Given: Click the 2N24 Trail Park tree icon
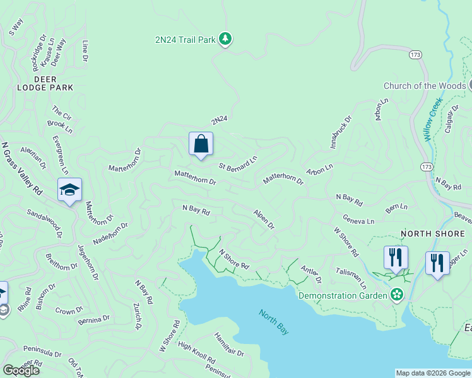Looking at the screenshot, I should tap(225, 40).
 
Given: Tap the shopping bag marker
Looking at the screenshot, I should tap(201, 144).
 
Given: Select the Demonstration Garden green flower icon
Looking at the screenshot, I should tap(396, 294).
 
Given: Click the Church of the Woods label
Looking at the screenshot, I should tap(425, 86).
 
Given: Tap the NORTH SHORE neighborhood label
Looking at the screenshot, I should tap(433, 234).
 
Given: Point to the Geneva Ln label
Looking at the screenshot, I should tap(358, 220).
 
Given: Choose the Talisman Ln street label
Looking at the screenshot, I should tap(355, 277).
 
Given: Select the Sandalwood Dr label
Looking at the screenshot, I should tap(44, 223).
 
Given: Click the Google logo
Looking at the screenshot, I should tap(21, 370).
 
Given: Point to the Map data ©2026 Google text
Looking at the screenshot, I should tap(432, 373).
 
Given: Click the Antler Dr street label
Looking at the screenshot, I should tap(311, 275).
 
